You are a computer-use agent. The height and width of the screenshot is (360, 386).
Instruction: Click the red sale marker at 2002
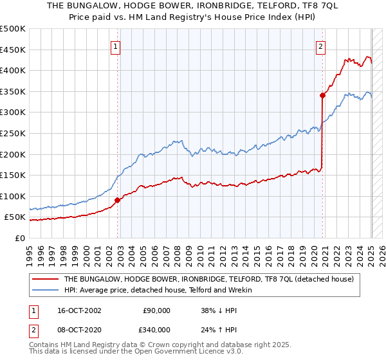[118, 200]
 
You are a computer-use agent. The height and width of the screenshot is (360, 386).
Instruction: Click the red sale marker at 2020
[322, 95]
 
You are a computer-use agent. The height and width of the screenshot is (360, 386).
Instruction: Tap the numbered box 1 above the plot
[115, 46]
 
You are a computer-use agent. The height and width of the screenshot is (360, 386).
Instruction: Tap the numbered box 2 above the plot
[320, 46]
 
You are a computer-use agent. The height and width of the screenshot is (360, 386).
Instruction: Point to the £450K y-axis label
[14, 50]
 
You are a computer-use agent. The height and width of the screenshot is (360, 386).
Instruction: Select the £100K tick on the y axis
[14, 196]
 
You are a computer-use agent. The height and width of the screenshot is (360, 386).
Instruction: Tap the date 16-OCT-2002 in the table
[79, 310]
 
